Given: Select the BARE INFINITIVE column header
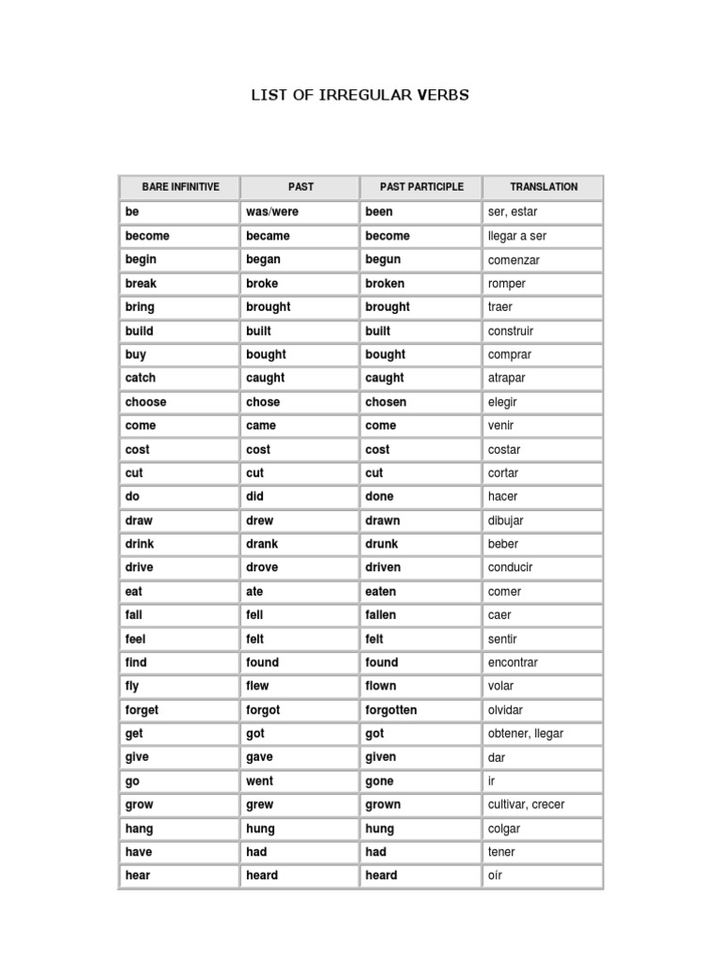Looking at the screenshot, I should pos(180,187).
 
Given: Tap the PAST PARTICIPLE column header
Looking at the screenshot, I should pos(422,187).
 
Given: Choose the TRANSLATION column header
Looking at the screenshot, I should pos(544,187).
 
